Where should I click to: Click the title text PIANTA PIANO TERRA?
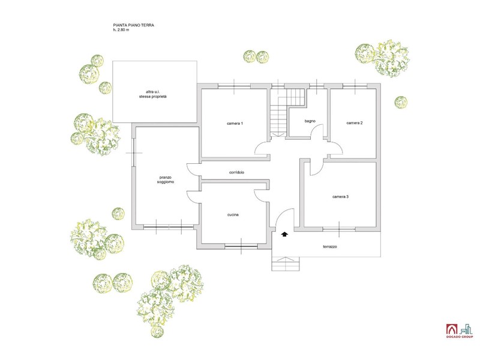(133, 25)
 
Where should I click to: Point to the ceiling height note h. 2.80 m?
(121, 30)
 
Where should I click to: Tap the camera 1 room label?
(235, 124)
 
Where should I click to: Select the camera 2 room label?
(355, 123)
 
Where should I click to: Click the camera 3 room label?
(340, 197)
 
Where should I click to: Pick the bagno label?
(310, 121)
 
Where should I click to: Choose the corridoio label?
(236, 172)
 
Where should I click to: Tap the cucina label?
(233, 215)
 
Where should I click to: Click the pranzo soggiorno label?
(166, 179)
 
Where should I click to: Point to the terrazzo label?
(329, 247)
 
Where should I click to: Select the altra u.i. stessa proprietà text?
(153, 94)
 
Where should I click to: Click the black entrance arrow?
(284, 235)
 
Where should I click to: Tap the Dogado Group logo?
(459, 331)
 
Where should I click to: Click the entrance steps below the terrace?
(286, 264)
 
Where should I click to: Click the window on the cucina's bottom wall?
(241, 246)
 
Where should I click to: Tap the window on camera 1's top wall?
(234, 86)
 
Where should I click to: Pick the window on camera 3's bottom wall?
(339, 229)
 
